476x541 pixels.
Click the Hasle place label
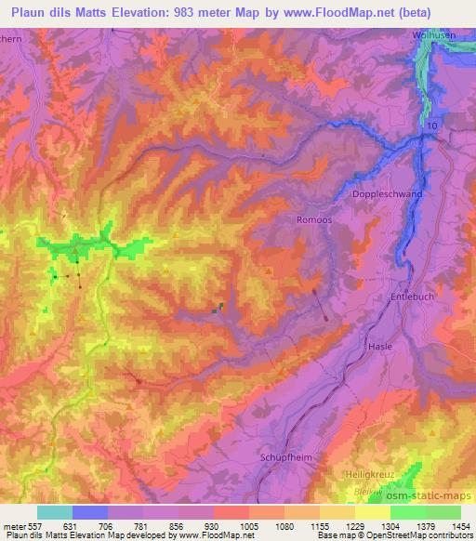380,345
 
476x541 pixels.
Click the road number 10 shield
430,124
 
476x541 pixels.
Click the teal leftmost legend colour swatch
55,512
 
